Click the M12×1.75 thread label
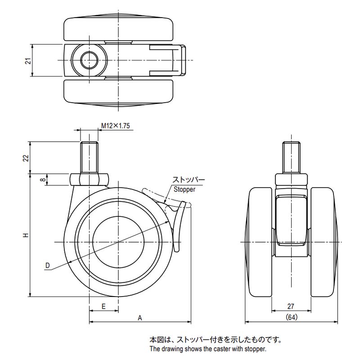[115, 126]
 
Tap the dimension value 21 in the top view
[27, 61]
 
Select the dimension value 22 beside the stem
[26, 157]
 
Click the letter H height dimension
[26, 235]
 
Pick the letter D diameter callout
[47, 265]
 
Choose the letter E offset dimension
[103, 306]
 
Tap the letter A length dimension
[140, 318]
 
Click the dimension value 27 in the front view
[291, 306]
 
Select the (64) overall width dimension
[291, 318]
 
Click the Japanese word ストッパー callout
[188, 181]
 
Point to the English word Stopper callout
[183, 189]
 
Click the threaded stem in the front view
[291, 157]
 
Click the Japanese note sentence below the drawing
[216, 340]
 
